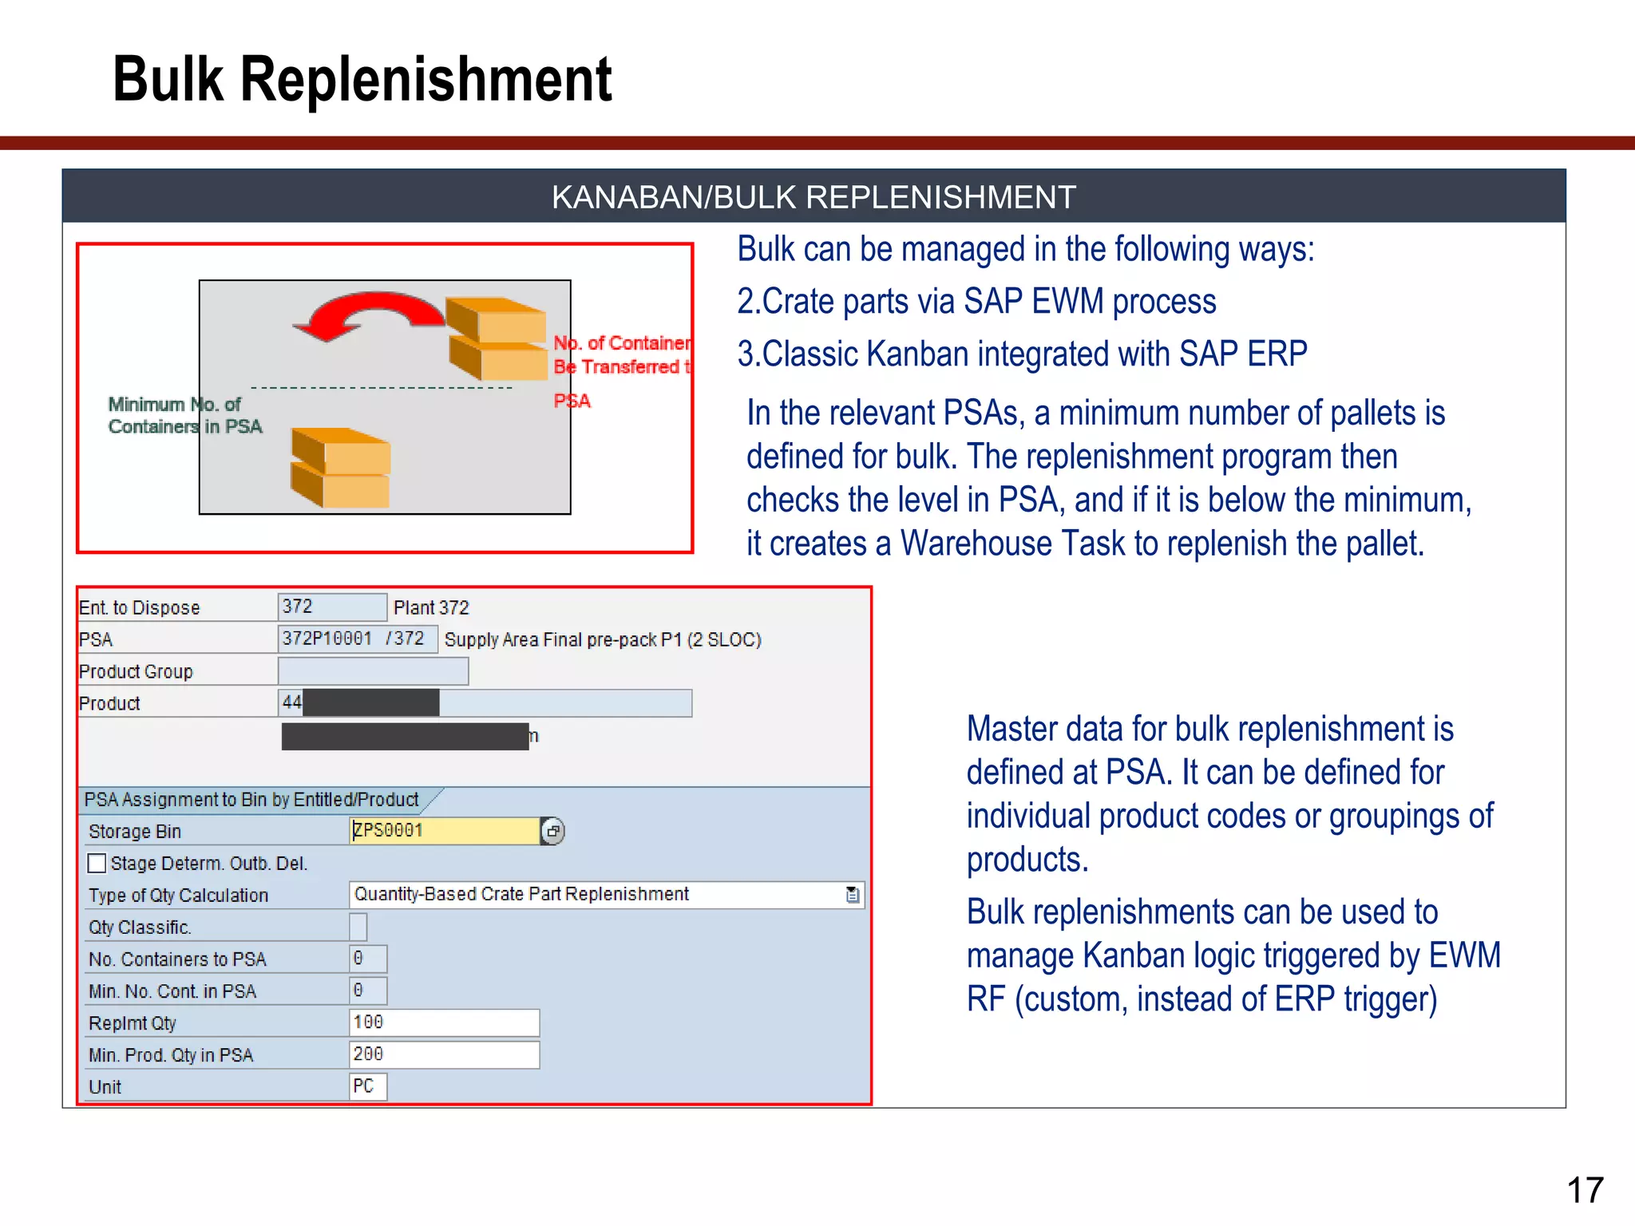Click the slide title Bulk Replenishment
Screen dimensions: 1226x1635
[362, 80]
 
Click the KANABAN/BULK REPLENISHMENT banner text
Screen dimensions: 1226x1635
[813, 197]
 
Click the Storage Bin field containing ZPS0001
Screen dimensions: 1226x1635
[445, 831]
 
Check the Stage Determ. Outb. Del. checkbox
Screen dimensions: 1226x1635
[97, 864]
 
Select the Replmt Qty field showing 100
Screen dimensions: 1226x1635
[444, 1022]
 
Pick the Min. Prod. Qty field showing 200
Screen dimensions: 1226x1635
[444, 1054]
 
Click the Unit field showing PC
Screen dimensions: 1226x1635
[367, 1086]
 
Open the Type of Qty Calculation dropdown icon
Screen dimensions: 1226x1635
[853, 895]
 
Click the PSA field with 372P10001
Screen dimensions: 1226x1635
[357, 639]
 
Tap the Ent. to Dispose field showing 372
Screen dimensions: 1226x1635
[331, 607]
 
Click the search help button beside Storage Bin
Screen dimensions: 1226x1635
[552, 831]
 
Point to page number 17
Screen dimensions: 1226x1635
[1584, 1190]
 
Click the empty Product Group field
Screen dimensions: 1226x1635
[373, 671]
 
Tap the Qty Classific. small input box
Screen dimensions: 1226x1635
[358, 927]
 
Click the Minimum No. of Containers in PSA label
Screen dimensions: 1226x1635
[184, 415]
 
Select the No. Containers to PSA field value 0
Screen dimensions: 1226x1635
[367, 959]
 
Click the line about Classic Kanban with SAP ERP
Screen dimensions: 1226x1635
[1022, 354]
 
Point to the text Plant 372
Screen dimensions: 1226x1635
[431, 607]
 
